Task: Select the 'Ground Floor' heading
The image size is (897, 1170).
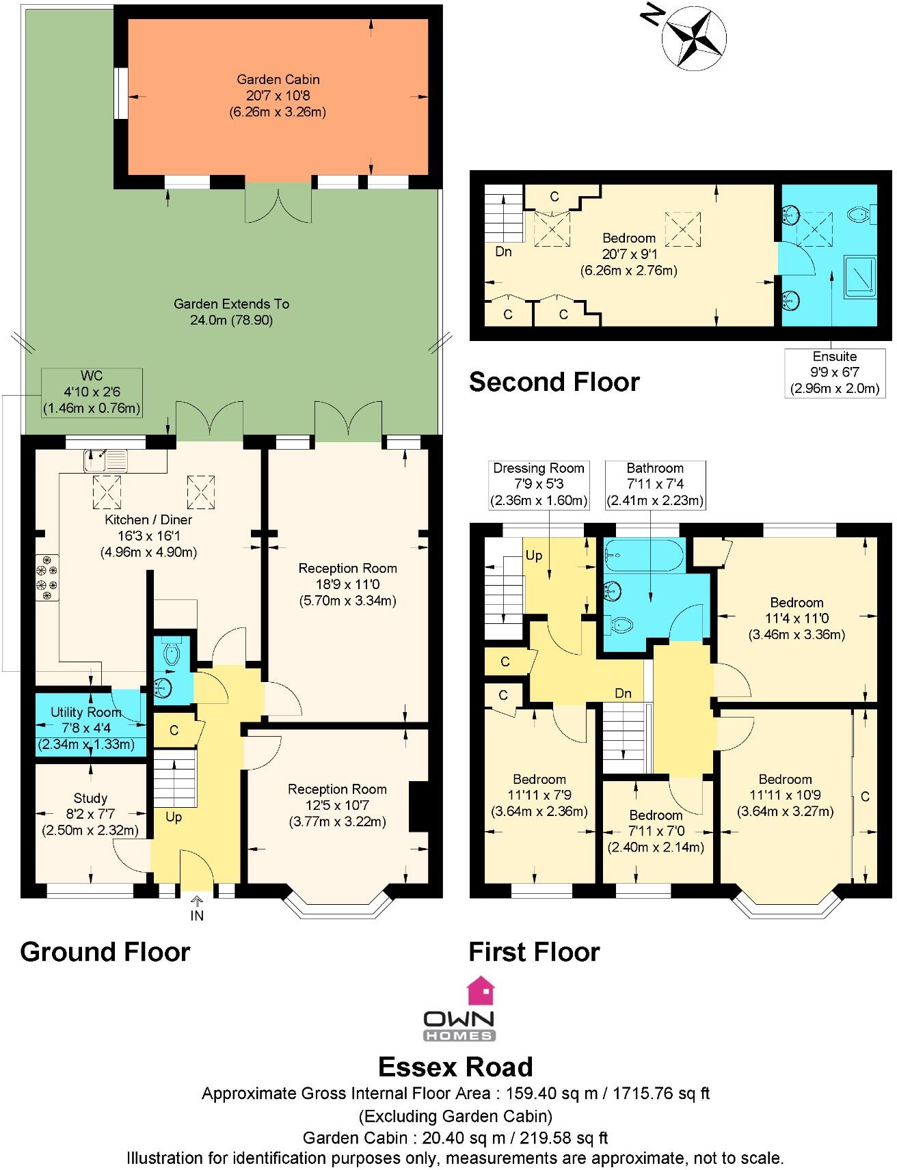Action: [x=105, y=951]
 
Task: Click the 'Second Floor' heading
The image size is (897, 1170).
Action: [x=554, y=382]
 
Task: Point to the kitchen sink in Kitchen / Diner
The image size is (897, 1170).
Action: [x=106, y=460]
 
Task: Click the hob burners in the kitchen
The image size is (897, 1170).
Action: [x=47, y=577]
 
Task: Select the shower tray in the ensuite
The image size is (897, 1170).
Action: [x=859, y=276]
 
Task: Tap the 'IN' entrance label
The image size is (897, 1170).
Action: [x=197, y=916]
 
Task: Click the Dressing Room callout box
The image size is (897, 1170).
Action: [x=539, y=485]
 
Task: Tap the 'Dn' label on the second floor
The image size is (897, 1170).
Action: [x=503, y=251]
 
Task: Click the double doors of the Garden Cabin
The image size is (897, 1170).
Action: [x=278, y=205]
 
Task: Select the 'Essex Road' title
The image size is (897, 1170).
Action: [x=456, y=1067]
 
